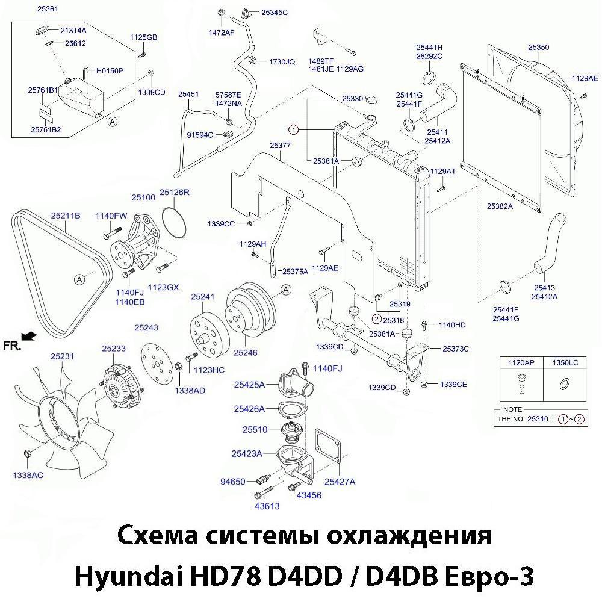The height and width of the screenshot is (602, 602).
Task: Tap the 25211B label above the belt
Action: click(66, 215)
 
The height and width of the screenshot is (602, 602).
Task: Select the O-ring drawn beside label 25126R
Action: click(174, 222)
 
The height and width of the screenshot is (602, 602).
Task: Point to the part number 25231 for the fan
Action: click(62, 356)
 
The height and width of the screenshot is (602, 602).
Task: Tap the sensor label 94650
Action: click(233, 482)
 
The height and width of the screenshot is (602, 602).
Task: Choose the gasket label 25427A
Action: click(340, 482)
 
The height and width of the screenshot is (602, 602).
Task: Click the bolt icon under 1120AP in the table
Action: click(521, 383)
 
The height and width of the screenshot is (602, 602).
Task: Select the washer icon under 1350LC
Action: click(565, 383)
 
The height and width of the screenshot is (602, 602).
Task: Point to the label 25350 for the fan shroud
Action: click(538, 47)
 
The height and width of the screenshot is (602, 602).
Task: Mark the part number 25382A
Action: click(500, 206)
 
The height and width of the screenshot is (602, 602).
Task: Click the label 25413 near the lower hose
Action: click(544, 288)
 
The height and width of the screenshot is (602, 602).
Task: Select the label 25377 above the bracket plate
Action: click(281, 146)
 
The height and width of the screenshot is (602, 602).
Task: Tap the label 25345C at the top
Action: click(275, 12)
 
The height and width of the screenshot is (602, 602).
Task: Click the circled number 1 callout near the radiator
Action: click(293, 129)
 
